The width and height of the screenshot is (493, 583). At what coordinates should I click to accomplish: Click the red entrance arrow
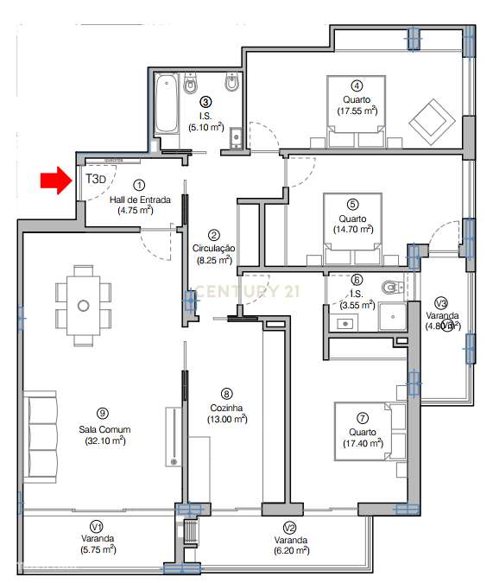point(54,181)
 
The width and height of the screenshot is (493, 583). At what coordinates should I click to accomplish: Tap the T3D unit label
point(95,179)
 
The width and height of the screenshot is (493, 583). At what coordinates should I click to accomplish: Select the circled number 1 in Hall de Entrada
point(140,185)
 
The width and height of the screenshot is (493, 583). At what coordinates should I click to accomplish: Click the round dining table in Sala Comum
point(84,305)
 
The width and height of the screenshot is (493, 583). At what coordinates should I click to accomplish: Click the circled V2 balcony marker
point(290,526)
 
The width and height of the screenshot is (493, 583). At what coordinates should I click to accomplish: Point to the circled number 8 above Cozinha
point(226,392)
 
